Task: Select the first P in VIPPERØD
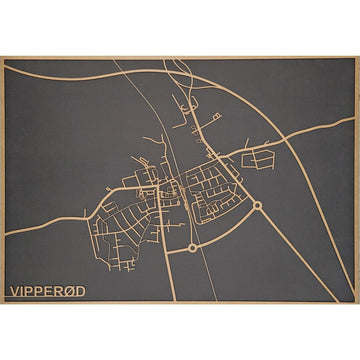[x=31, y=292]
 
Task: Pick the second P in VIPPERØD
[x=42, y=292]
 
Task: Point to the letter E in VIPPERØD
[x=52, y=292]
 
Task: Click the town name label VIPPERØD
[x=48, y=292]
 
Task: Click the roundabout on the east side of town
[x=257, y=205]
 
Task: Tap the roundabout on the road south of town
[x=191, y=247]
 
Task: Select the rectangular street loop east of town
[x=259, y=157]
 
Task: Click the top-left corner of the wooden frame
[x=2, y=58]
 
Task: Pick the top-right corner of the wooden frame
[x=358, y=58]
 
